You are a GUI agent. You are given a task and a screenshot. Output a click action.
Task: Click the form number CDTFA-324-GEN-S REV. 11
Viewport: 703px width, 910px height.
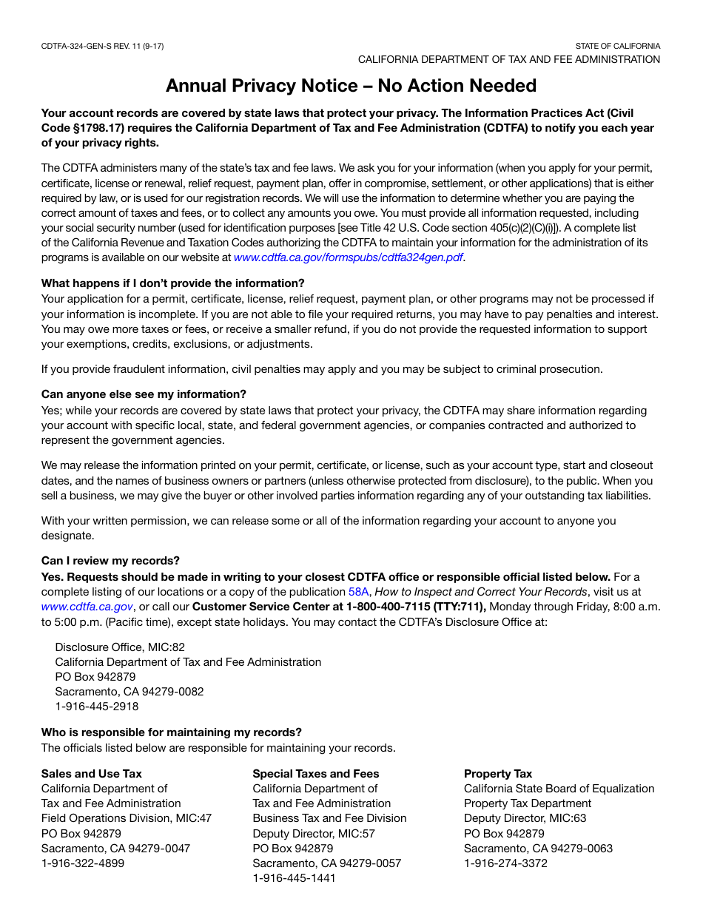(x=102, y=46)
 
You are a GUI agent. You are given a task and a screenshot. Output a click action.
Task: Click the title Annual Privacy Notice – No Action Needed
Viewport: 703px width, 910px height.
(x=351, y=86)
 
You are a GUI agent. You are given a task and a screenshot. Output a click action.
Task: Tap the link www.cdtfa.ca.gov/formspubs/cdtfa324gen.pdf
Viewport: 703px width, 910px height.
(x=349, y=257)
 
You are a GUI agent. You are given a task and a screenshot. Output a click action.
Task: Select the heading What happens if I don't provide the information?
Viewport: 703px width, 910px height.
(x=172, y=283)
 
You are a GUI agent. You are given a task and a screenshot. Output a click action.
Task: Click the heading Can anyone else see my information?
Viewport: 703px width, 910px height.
(x=144, y=394)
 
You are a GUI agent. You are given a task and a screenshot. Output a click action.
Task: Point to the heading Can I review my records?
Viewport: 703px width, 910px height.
(x=110, y=561)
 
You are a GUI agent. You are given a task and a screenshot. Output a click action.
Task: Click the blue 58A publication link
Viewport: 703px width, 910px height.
(x=358, y=592)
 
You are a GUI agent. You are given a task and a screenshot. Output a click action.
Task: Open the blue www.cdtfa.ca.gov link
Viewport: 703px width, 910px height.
(x=87, y=607)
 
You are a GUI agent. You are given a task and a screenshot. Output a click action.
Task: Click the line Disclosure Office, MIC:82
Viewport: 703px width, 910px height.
(x=120, y=647)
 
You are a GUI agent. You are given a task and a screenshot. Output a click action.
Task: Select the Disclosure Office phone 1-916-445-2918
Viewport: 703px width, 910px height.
(x=97, y=707)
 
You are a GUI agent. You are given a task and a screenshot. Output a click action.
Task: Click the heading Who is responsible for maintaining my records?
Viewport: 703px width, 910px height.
(x=171, y=732)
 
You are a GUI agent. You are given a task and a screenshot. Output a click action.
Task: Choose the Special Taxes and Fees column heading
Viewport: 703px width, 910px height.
(x=316, y=774)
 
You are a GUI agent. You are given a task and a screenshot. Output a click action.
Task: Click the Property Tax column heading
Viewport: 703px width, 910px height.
(x=498, y=774)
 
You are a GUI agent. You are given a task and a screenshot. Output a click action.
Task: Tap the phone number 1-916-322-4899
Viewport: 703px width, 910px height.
(x=83, y=863)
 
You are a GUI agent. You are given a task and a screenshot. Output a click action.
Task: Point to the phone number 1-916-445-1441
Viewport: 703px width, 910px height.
(x=295, y=878)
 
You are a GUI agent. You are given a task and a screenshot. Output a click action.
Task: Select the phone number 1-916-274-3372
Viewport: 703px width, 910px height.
(x=506, y=863)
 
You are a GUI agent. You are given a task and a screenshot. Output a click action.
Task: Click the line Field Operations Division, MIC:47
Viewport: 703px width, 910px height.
(x=127, y=818)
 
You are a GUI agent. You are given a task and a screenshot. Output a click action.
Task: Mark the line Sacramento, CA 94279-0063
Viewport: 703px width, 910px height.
(x=538, y=849)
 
